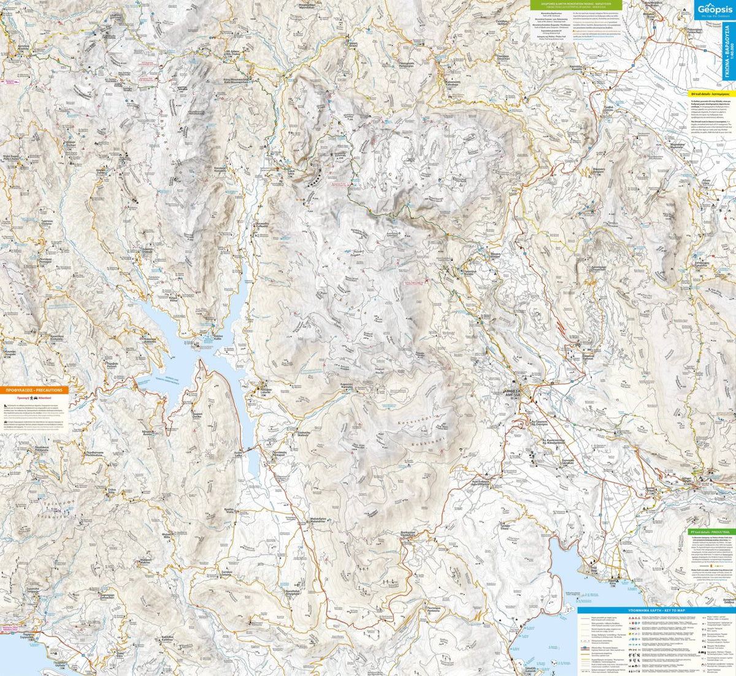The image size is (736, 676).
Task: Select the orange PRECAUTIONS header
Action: coord(34,390)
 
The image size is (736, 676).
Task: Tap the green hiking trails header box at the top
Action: coord(575,5)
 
